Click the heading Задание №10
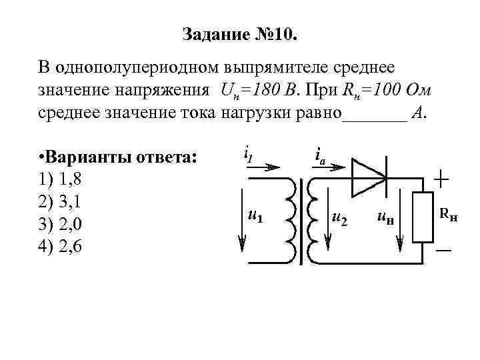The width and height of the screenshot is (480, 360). pyautogui.click(x=241, y=33)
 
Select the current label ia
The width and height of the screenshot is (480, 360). pyautogui.click(x=319, y=156)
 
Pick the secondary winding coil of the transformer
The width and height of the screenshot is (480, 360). pyautogui.click(x=313, y=220)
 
